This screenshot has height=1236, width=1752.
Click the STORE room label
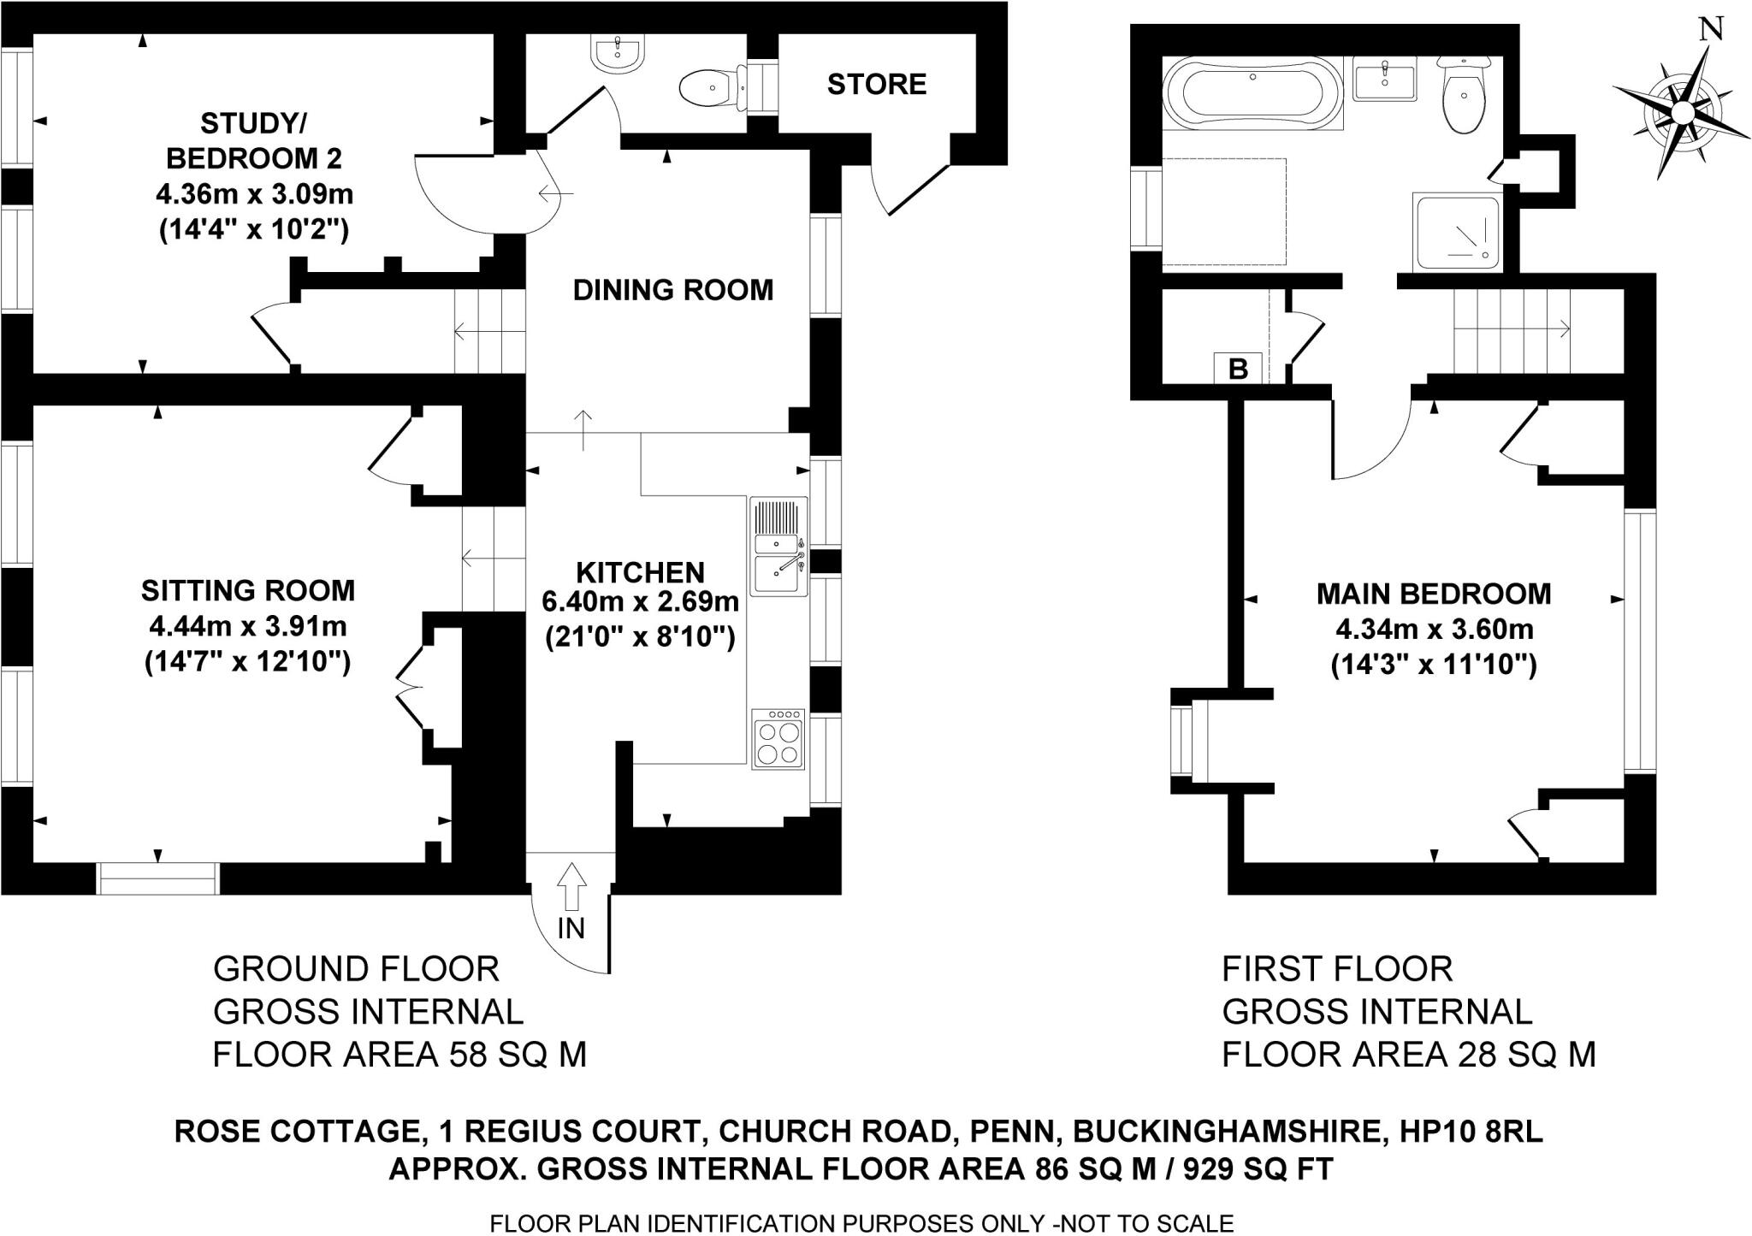pos(876,84)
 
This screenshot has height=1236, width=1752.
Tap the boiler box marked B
pos(1237,370)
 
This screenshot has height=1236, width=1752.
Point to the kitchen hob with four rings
pos(778,739)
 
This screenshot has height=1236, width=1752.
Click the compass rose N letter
pos(1709,29)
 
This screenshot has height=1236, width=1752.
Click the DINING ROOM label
pos(672,290)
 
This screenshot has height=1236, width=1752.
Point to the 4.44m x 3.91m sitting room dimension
pos(247,627)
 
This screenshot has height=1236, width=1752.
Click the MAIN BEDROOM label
pos(1433,593)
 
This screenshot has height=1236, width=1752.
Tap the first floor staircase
pos(1512,329)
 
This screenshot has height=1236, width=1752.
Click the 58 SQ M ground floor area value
pos(518,1055)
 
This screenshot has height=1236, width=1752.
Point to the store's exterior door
pos(915,188)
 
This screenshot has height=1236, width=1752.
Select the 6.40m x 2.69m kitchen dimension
pos(640,601)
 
